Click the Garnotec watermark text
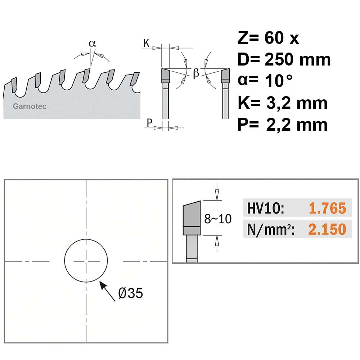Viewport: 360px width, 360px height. pyautogui.click(x=30, y=106)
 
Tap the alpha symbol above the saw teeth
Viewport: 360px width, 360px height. pyautogui.click(x=92, y=44)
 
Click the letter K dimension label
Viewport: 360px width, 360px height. pyautogui.click(x=146, y=43)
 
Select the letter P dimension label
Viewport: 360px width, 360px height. pyautogui.click(x=149, y=123)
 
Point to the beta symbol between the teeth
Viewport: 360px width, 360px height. pyautogui.click(x=196, y=73)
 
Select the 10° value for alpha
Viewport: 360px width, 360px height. pyautogui.click(x=279, y=81)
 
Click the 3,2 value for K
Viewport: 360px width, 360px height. pyautogui.click(x=279, y=103)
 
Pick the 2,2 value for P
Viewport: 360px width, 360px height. pyautogui.click(x=279, y=125)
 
